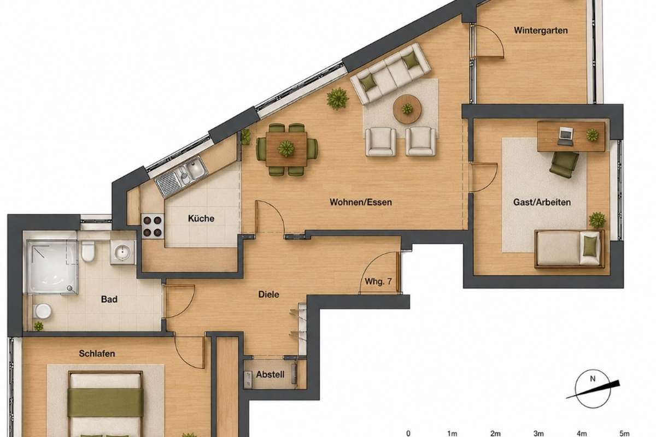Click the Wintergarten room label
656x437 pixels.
pyautogui.click(x=541, y=31)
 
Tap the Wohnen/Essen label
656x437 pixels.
pyautogui.click(x=360, y=202)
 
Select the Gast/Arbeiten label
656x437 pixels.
pyautogui.click(x=542, y=202)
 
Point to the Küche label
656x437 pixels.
pyautogui.click(x=201, y=218)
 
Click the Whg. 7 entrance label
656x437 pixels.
pyautogui.click(x=378, y=281)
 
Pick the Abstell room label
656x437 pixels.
pyautogui.click(x=270, y=375)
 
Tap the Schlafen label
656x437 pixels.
pyautogui.click(x=97, y=353)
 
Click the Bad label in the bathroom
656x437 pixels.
pyautogui.click(x=109, y=299)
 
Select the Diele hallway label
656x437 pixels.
pyautogui.click(x=268, y=294)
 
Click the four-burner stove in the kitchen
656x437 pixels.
pyautogui.click(x=153, y=226)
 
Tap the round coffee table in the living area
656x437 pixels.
pyautogui.click(x=407, y=109)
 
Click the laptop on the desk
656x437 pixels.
pyautogui.click(x=565, y=136)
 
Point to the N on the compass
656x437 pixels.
pyautogui.click(x=593, y=379)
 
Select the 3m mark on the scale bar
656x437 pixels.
pyautogui.click(x=538, y=433)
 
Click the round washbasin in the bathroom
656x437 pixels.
pyautogui.click(x=122, y=252)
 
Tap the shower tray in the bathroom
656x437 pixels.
pyautogui.click(x=52, y=267)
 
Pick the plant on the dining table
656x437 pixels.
pyautogui.click(x=286, y=149)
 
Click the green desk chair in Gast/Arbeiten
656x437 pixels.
pyautogui.click(x=564, y=164)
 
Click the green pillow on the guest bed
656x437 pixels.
pyautogui.click(x=590, y=246)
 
